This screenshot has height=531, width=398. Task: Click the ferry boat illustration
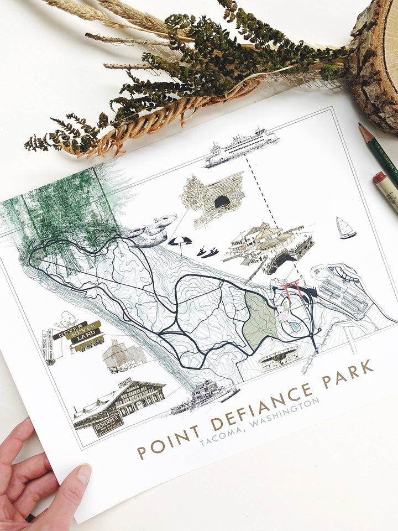click(241, 147)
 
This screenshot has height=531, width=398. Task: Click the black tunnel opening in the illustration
click(222, 202)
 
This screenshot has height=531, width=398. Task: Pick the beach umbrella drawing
click(180, 242)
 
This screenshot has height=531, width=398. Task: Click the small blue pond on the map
click(295, 327)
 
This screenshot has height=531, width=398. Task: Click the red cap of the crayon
click(379, 178)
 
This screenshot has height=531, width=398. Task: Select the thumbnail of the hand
click(83, 474)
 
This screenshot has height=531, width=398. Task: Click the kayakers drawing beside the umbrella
click(209, 252)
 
